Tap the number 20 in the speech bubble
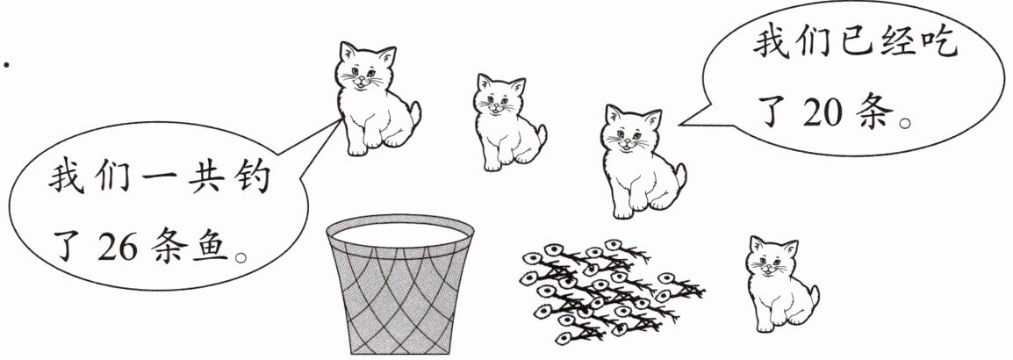823,114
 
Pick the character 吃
936,44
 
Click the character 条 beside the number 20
874,114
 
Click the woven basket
400,284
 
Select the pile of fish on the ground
611,290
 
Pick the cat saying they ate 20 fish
642,162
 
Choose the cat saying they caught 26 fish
376,99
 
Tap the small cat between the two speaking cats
508,123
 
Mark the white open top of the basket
400,233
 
